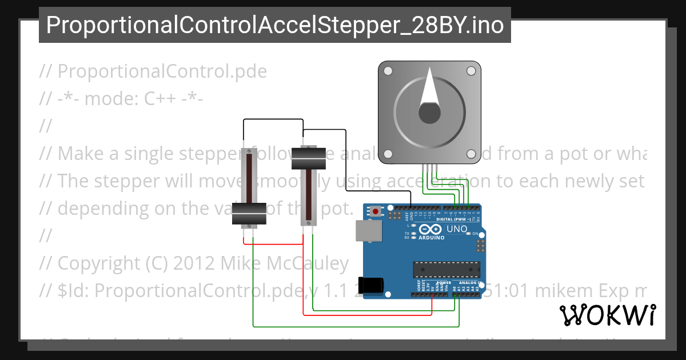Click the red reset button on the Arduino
coord(375,211)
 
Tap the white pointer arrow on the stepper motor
coord(428,91)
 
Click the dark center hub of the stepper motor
coord(428,113)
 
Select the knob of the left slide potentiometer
coord(249,214)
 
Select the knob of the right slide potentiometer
coord(309,158)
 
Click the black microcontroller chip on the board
coord(446,269)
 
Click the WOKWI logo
coord(607,315)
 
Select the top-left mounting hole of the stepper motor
coord(388,71)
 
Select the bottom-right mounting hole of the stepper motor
coord(471,154)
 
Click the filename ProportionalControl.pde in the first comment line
coord(162,71)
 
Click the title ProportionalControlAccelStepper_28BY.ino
coord(274,25)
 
